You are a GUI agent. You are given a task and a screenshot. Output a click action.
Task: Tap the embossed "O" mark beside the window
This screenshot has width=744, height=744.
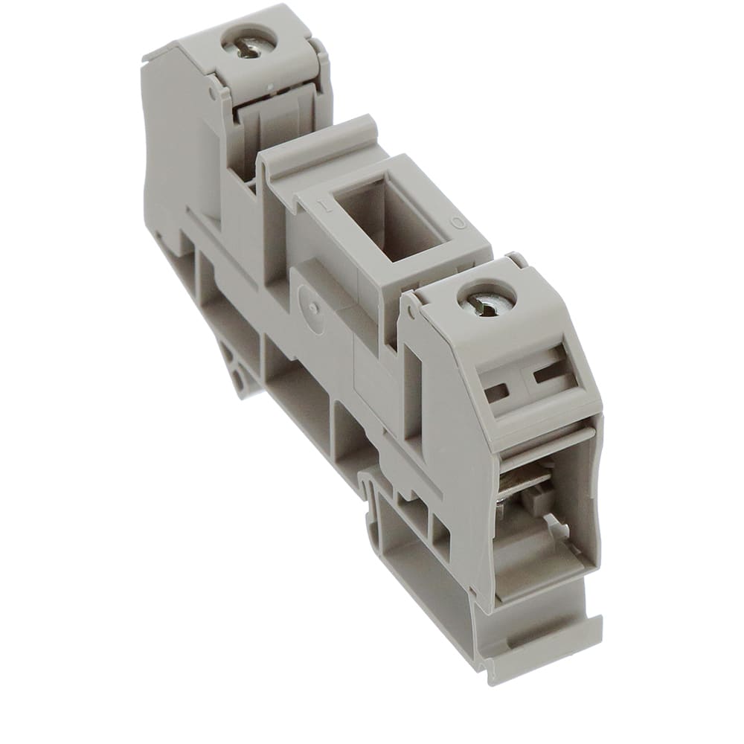click(x=459, y=222)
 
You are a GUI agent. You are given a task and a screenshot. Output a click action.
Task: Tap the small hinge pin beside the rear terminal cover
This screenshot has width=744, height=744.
click(x=213, y=95)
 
